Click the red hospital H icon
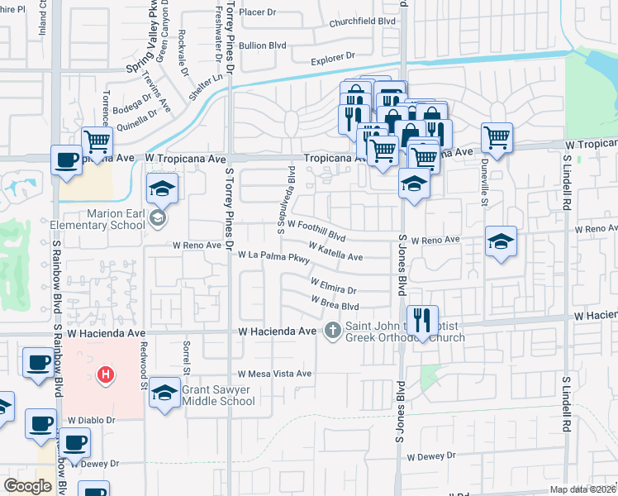(x=105, y=375)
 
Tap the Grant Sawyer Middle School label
(x=218, y=395)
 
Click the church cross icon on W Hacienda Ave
(x=333, y=331)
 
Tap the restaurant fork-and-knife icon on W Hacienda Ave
(x=422, y=319)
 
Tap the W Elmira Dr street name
(x=333, y=286)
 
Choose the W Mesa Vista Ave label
(x=274, y=374)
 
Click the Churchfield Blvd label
(x=357, y=22)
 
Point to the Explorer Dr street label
(x=332, y=58)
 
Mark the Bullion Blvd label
(x=262, y=45)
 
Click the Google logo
(x=27, y=486)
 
